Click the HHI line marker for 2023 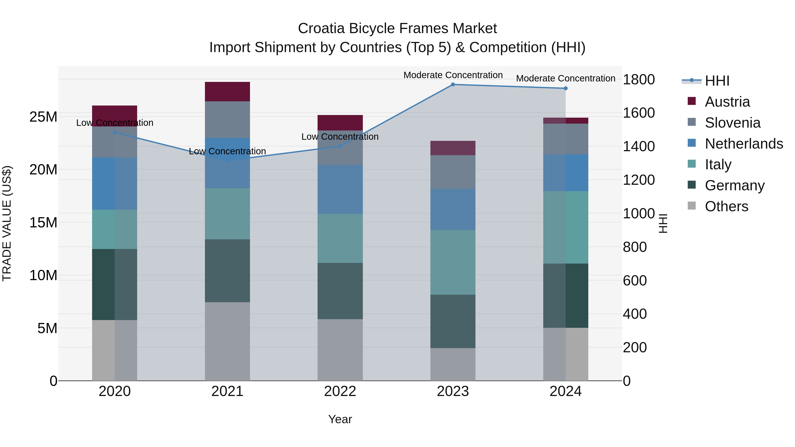coord(453,85)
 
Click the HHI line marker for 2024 coord(565,89)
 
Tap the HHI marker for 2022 coord(340,146)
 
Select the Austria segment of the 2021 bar coord(227,92)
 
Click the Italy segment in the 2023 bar coord(453,262)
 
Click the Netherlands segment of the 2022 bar coord(340,189)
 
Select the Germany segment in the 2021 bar coord(227,271)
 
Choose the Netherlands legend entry coord(744,144)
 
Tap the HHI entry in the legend coord(717,81)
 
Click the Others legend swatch coord(692,206)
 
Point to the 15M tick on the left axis coord(43,223)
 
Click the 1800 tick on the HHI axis coord(638,80)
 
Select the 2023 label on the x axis coord(453,391)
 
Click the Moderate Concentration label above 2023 coord(453,75)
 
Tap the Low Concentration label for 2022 coord(340,137)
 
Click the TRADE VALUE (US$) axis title coord(7,223)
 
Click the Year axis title coord(340,419)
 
